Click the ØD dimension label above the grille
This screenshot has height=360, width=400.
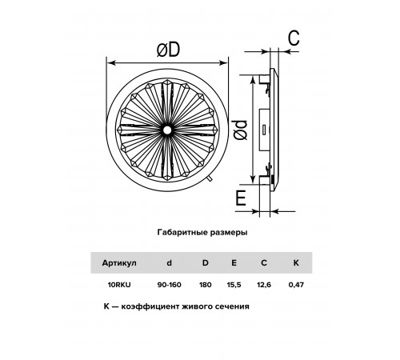tap(168, 50)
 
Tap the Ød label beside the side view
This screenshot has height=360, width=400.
tap(240, 130)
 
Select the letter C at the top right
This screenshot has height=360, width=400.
tap(294, 38)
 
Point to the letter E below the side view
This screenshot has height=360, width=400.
tap(241, 198)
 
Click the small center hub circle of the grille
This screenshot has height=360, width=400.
tap(167, 130)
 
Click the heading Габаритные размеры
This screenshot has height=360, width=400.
tap(202, 232)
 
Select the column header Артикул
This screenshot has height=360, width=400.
tap(119, 263)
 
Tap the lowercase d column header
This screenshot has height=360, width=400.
tap(169, 263)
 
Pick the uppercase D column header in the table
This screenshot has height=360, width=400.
tap(205, 263)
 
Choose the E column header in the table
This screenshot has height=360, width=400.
tap(234, 263)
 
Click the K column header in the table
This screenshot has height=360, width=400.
tap(296, 263)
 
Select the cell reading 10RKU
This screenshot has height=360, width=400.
tap(119, 285)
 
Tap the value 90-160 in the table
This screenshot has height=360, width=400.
tap(169, 285)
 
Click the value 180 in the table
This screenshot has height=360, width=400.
tap(205, 285)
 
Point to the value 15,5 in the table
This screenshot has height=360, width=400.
tap(234, 285)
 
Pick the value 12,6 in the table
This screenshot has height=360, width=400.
tap(264, 285)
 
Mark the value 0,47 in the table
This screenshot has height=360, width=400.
tap(296, 285)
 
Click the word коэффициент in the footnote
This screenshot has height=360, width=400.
tap(150, 306)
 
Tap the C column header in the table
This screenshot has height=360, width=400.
tap(264, 263)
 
